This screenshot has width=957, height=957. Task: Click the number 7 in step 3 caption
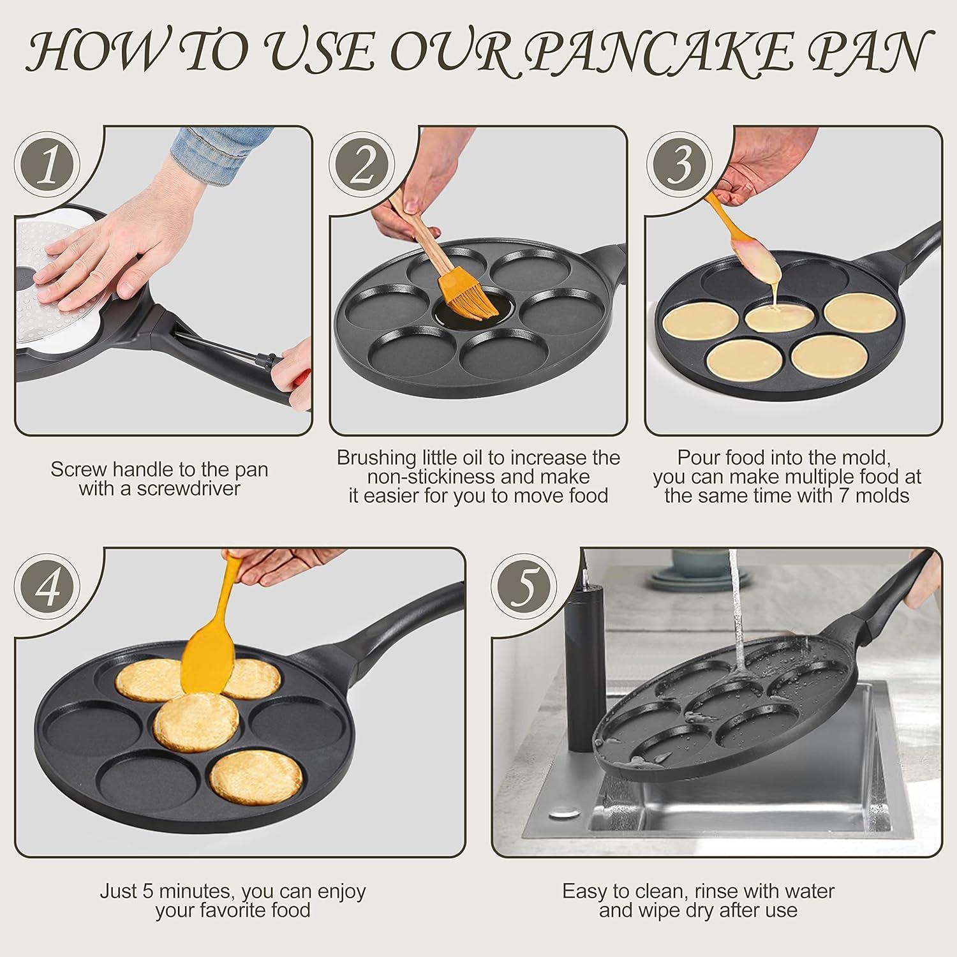(x=845, y=496)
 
